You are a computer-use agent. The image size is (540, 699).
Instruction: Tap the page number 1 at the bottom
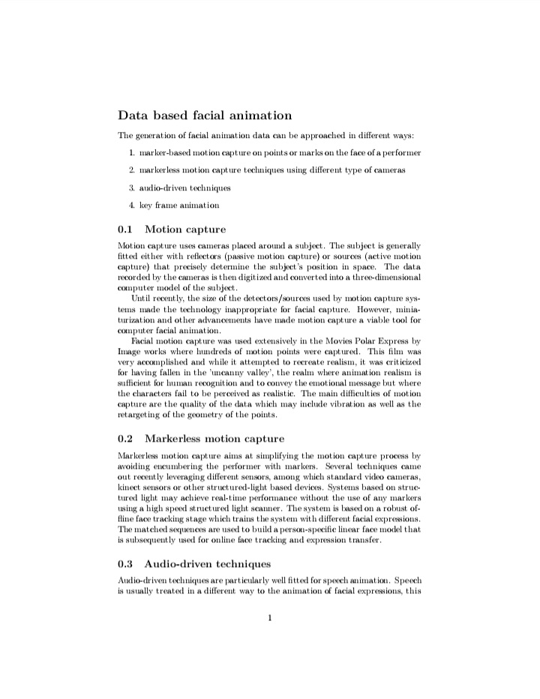point(269,618)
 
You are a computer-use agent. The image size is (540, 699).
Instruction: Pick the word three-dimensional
point(381,277)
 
